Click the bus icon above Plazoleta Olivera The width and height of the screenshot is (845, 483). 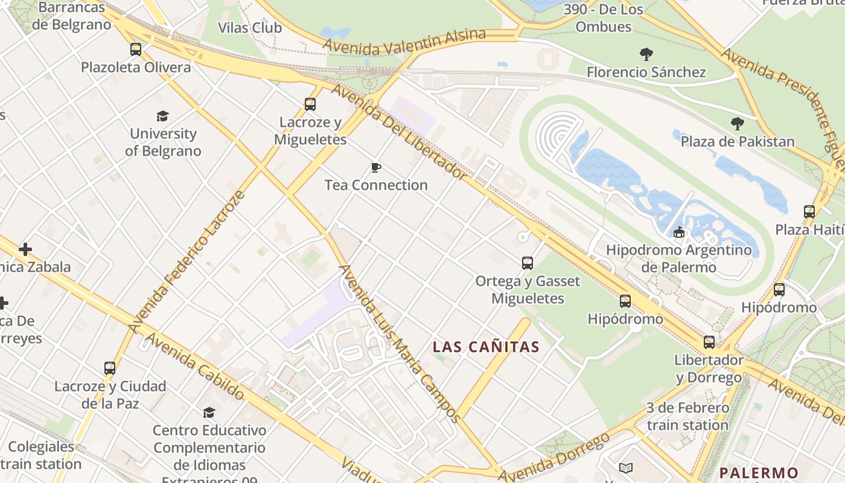(x=136, y=50)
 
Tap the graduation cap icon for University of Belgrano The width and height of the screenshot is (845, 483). (x=162, y=116)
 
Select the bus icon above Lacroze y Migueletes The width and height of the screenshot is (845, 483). (x=310, y=104)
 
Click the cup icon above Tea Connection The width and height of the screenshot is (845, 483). (x=376, y=167)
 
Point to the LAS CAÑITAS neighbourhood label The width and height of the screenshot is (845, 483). (x=486, y=347)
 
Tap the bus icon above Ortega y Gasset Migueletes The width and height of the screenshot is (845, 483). (x=528, y=263)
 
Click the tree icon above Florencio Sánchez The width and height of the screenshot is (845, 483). (x=646, y=54)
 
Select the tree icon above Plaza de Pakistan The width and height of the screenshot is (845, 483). (x=737, y=124)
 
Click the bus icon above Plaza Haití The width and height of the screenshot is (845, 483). (x=809, y=212)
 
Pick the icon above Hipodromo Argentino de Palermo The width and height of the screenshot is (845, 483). (x=679, y=232)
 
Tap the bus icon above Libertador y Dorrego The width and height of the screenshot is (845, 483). (x=709, y=342)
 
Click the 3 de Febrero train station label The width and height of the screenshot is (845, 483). (x=687, y=417)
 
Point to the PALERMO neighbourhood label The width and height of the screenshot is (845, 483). (x=759, y=472)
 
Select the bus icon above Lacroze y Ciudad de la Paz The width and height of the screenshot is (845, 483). (x=110, y=368)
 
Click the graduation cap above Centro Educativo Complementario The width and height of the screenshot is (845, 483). (x=209, y=412)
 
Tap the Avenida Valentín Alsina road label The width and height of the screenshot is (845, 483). (x=404, y=42)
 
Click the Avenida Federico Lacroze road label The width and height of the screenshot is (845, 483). (x=187, y=261)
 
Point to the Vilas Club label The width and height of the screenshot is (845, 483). (x=250, y=28)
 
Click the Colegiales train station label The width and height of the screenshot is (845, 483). (x=41, y=456)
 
